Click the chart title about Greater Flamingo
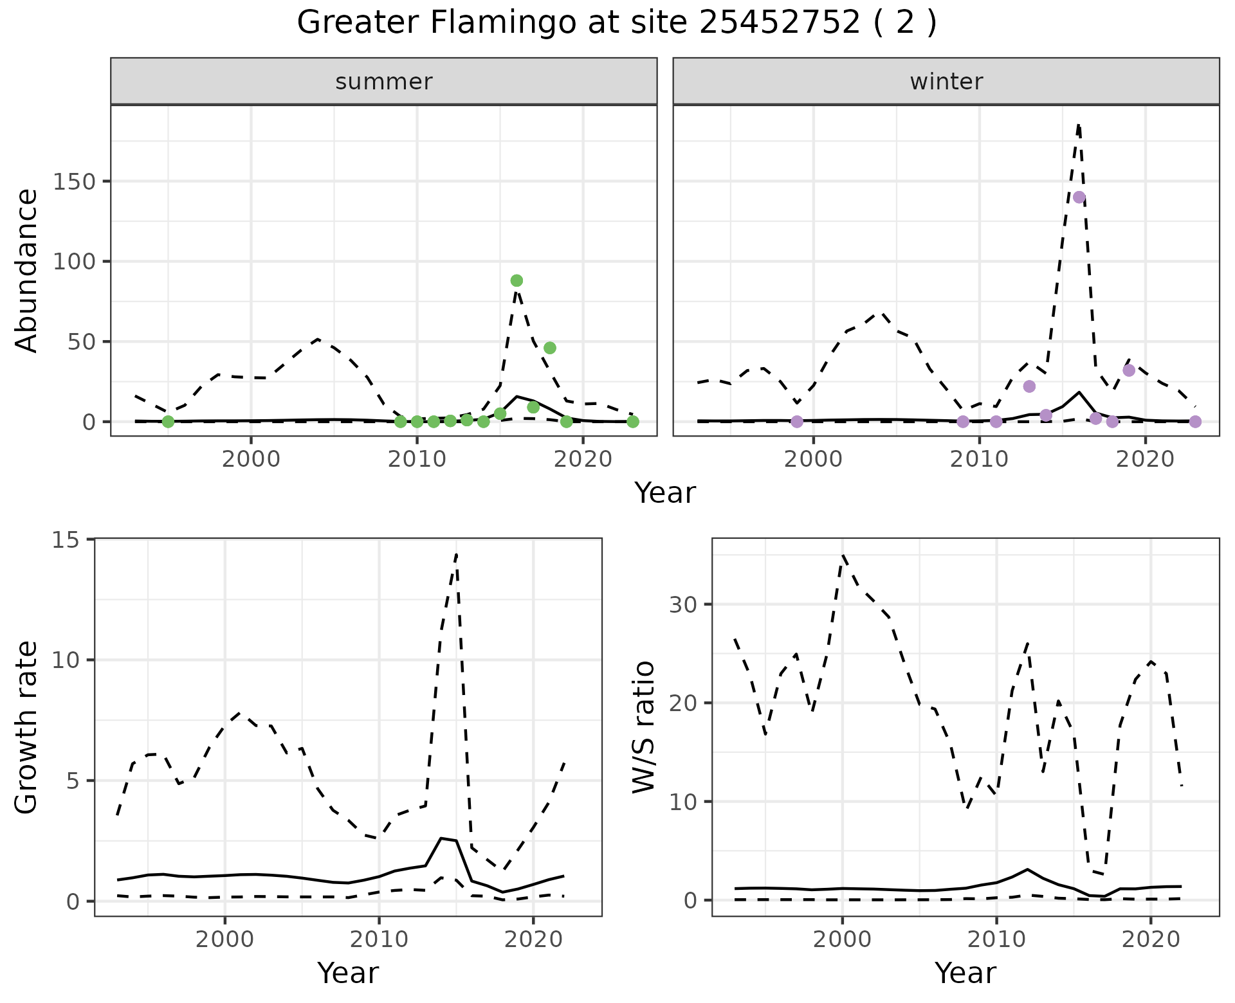point(616,24)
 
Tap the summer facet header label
point(384,82)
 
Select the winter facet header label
point(946,82)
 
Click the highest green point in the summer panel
point(517,280)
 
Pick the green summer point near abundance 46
point(549,348)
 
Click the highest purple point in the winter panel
point(1079,197)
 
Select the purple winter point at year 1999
point(797,422)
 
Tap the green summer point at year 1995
point(168,422)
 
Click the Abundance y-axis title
point(27,270)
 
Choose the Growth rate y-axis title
point(27,728)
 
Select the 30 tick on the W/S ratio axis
point(683,604)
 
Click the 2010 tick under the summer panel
point(417,459)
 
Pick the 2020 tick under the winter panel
point(1145,459)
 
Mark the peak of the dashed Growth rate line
point(456,553)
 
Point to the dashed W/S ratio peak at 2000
point(843,554)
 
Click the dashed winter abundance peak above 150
point(1079,125)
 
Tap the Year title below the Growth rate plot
point(348,973)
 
